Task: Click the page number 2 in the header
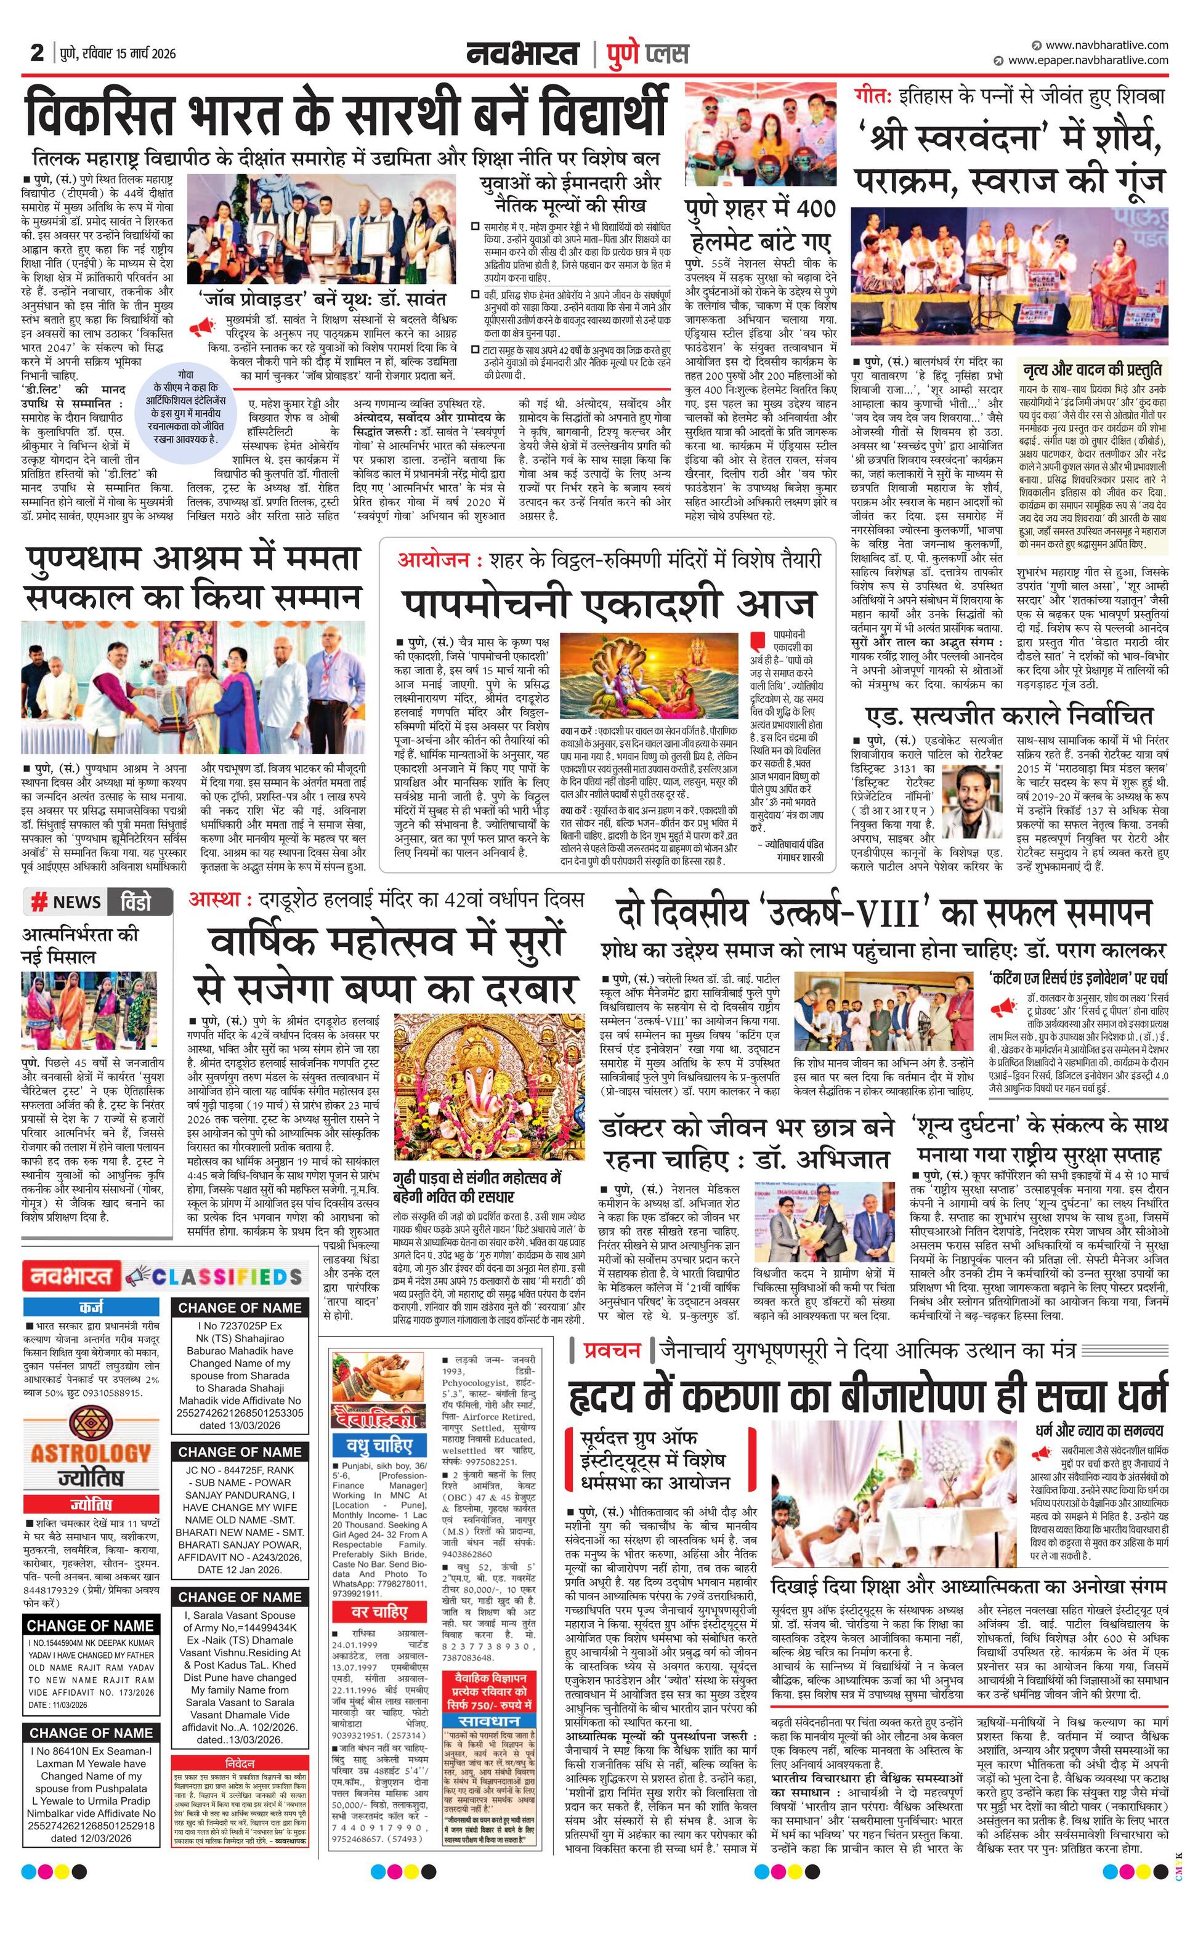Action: coord(36,53)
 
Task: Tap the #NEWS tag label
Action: coord(67,902)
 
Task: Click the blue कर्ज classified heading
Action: coord(91,1307)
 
